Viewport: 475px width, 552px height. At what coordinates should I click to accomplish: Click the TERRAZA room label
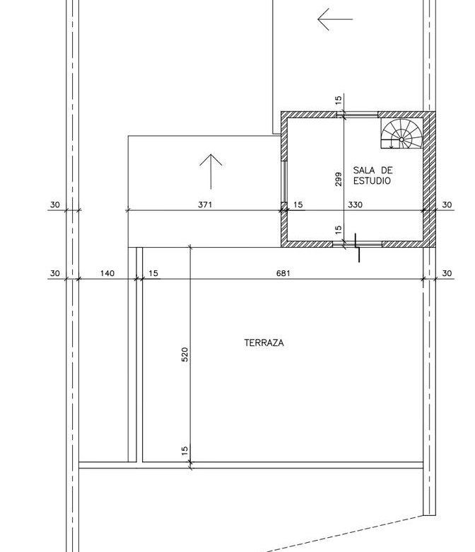[x=264, y=343]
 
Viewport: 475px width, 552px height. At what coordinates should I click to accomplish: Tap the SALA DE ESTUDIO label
[x=373, y=176]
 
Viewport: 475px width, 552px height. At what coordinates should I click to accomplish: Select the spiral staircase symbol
[x=401, y=134]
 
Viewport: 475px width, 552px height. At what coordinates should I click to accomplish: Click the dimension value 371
[x=205, y=205]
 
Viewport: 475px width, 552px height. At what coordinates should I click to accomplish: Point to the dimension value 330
[x=355, y=205]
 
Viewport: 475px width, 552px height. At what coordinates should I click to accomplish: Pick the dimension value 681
[x=283, y=273]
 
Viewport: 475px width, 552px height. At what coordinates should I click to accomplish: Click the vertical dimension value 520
[x=185, y=355]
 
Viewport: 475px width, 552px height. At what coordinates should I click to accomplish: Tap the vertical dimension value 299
[x=339, y=179]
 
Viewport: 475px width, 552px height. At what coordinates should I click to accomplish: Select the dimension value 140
[x=107, y=273]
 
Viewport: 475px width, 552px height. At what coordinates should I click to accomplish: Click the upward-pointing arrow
[x=211, y=171]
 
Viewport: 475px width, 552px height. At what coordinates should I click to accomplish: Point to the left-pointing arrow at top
[x=335, y=19]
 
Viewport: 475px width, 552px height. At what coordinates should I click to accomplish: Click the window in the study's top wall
[x=357, y=115]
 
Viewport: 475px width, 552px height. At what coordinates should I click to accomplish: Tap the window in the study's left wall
[x=284, y=182]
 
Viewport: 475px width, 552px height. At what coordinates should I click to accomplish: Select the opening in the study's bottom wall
[x=357, y=243]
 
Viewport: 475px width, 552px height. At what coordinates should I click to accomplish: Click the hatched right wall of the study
[x=429, y=179]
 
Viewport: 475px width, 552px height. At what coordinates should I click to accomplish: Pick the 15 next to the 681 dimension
[x=153, y=273]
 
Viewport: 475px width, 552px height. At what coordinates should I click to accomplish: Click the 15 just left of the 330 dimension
[x=298, y=205]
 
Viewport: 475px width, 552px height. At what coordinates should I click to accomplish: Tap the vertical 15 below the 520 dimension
[x=185, y=451]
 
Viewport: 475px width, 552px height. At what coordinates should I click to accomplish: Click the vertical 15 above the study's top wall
[x=339, y=100]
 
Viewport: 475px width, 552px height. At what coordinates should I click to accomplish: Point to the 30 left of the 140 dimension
[x=55, y=273]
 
